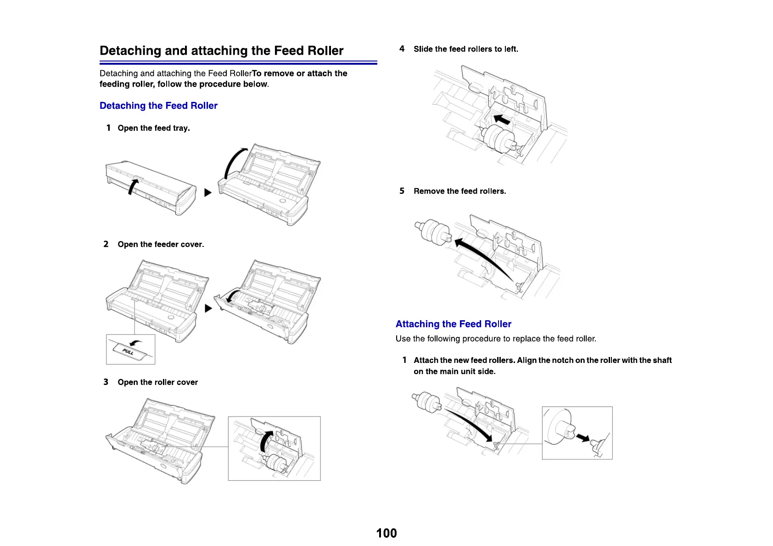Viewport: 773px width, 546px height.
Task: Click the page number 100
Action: coord(386,533)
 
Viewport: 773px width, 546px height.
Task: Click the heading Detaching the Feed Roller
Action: coord(158,106)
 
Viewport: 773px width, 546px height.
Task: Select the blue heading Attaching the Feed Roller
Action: coord(453,324)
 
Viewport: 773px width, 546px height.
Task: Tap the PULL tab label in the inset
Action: coord(128,352)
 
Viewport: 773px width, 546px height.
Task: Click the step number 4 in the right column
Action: coord(402,49)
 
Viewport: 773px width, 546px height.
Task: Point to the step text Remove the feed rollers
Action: coord(459,191)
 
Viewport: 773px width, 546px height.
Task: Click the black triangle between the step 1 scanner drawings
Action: coord(208,192)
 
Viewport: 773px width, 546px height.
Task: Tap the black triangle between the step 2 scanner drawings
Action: coord(208,308)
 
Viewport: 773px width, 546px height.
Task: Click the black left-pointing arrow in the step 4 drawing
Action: coord(502,119)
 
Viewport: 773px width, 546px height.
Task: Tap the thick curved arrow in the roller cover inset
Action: coord(265,442)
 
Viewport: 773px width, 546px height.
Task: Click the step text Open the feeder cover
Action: coord(161,244)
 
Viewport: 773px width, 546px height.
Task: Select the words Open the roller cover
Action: coord(157,382)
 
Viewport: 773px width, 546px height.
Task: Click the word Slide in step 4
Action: coord(423,49)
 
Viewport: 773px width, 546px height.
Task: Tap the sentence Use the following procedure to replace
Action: coord(496,339)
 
